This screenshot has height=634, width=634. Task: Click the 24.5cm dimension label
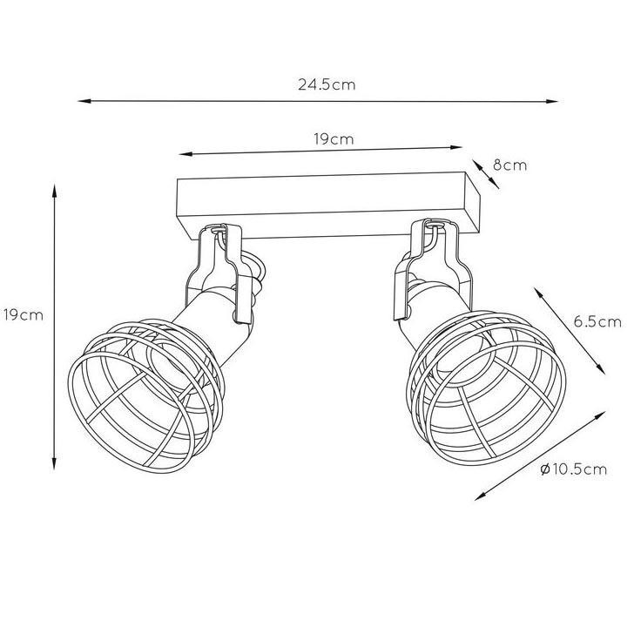[327, 84]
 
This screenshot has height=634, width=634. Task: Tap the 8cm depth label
[509, 165]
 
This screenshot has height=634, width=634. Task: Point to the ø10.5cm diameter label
[573, 469]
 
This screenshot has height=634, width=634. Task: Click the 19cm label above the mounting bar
[334, 139]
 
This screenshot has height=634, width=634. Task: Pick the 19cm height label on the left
[24, 315]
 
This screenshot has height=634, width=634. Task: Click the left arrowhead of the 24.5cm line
[84, 101]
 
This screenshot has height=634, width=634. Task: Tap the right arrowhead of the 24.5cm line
[552, 102]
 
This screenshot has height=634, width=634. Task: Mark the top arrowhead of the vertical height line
[54, 191]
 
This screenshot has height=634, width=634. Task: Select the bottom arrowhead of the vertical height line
[54, 463]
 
